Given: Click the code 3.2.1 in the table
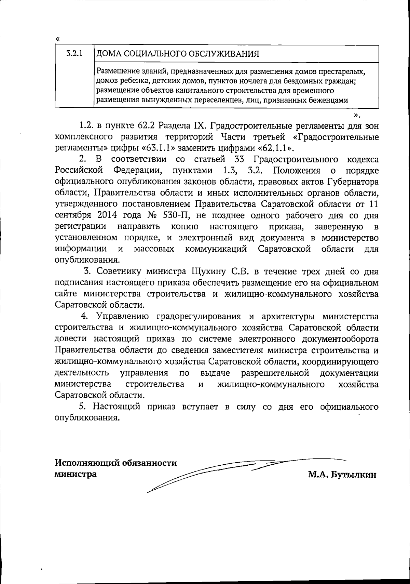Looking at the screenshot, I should pyautogui.click(x=74, y=53).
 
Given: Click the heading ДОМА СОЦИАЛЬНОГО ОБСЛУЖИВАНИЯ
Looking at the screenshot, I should pyautogui.click(x=178, y=54).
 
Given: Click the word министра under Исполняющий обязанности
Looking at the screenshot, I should pyautogui.click(x=76, y=475).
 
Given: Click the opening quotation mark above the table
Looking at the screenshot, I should pyautogui.click(x=57, y=39).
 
